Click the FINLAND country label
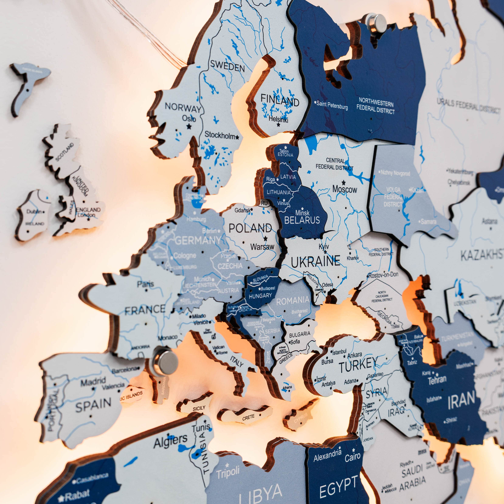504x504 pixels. click(x=280, y=100)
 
